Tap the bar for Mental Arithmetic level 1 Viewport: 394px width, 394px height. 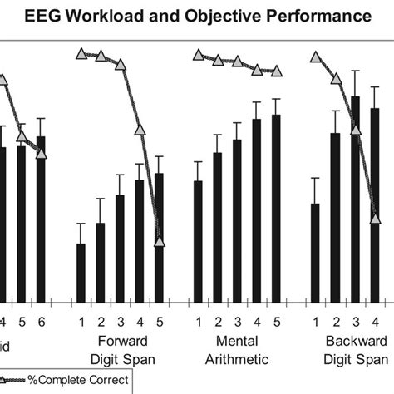(198, 241)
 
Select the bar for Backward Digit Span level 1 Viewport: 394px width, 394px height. (315, 253)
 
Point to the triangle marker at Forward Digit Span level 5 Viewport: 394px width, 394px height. (160, 242)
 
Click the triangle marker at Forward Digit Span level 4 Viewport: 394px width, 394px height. (140, 129)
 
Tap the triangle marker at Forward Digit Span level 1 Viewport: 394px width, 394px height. (81, 54)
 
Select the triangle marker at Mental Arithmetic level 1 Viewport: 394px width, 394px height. (198, 55)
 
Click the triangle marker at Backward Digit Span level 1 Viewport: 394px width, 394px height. (315, 57)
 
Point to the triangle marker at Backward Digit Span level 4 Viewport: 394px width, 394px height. (374, 219)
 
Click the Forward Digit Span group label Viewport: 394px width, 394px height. (121, 350)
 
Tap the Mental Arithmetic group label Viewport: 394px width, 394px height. (237, 350)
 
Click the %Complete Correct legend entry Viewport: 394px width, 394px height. (66, 382)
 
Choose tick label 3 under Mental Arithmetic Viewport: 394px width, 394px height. (237, 321)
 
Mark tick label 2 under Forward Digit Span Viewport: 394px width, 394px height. (101, 321)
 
